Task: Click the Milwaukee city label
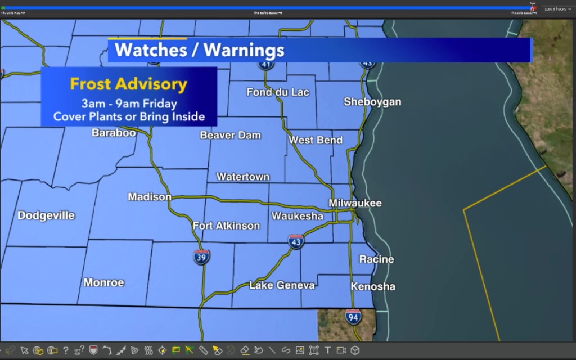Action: [x=355, y=203]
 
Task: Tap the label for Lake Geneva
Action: [x=282, y=285]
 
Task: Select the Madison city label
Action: [x=150, y=197]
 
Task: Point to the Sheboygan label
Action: [x=372, y=102]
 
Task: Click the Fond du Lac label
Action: [x=278, y=92]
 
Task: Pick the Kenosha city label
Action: [x=373, y=286]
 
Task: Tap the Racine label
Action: [x=376, y=259]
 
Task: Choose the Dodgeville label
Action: [x=46, y=215]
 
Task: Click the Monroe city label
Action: [x=104, y=282]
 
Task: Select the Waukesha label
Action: [x=298, y=216]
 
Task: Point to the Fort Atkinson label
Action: [x=226, y=226]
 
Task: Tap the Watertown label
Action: [x=243, y=177]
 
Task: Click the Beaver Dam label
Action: [x=231, y=135]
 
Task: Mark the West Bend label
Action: [x=316, y=140]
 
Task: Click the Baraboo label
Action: [x=114, y=133]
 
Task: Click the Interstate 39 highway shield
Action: [x=202, y=257]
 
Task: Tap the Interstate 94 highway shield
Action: [x=353, y=317]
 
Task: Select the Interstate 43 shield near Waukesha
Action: [x=296, y=241]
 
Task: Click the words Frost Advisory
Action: [x=128, y=84]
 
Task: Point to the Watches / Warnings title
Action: [x=200, y=50]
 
